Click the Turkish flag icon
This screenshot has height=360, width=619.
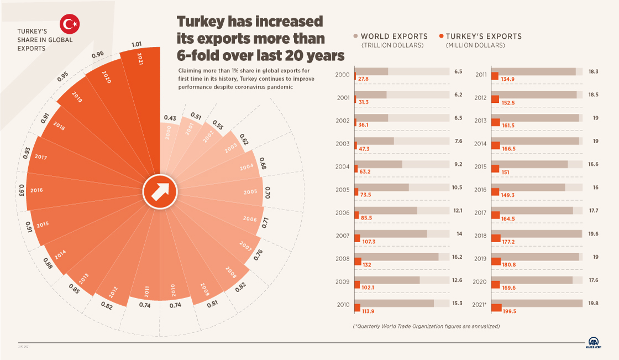pos(70,24)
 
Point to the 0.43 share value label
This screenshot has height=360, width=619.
pos(170,118)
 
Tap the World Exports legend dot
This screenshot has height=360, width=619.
pos(356,37)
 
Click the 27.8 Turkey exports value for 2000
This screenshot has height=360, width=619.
pos(363,79)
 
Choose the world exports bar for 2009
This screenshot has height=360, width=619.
pos(387,280)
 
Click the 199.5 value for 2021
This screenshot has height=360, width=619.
pos(509,311)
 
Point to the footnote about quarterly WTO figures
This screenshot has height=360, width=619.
pos(426,326)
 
